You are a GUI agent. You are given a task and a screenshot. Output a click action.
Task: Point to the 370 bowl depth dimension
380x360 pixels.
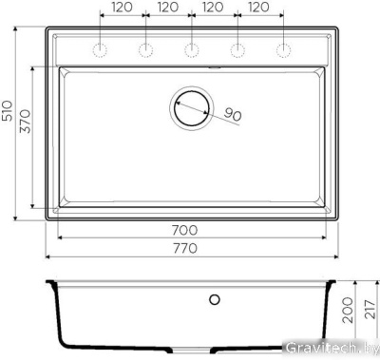(25, 138)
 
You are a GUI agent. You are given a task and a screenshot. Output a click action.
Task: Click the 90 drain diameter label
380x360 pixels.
(234, 115)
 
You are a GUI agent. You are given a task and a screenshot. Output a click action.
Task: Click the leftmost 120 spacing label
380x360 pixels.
(122, 8)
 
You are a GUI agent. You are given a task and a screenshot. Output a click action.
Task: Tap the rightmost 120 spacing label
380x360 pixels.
(258, 8)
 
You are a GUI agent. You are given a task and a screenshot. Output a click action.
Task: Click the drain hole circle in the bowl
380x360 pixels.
(190, 107)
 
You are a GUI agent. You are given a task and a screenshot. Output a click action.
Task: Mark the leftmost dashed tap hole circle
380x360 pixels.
(99, 49)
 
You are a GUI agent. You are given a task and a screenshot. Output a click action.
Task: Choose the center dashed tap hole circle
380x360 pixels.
(191, 49)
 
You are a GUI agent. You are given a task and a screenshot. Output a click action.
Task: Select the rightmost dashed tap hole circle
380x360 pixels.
(282, 49)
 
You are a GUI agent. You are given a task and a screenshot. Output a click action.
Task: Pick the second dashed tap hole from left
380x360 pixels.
(144, 49)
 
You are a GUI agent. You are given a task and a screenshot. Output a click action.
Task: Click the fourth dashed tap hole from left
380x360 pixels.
(237, 49)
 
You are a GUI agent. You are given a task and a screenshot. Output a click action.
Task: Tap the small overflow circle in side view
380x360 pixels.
(214, 300)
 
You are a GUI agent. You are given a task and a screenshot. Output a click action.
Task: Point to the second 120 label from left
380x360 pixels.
(167, 8)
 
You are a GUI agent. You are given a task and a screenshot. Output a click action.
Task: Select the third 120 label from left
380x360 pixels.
(213, 8)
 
